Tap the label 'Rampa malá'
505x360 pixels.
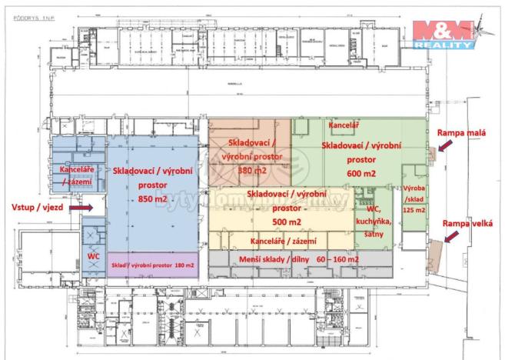click(460, 132)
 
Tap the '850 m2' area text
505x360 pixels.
click(142, 201)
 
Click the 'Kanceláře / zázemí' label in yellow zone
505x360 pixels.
click(278, 241)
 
